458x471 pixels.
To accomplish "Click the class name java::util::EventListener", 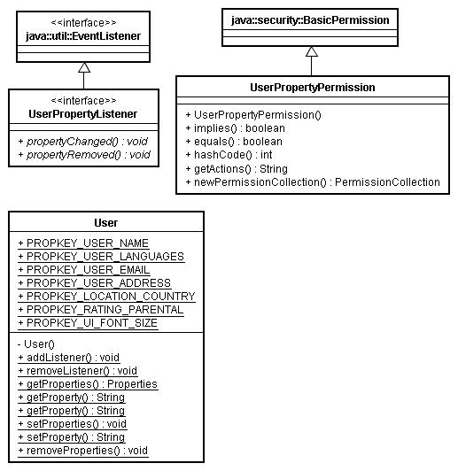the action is [83, 36].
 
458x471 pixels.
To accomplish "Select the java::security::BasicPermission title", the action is [310, 20].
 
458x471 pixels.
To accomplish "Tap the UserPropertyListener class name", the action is [83, 114].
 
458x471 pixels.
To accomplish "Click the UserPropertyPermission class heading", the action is [313, 88].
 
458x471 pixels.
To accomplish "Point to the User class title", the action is [105, 223].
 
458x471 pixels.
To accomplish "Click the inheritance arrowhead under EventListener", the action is [84, 67].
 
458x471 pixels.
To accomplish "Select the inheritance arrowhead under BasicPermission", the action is [312, 51].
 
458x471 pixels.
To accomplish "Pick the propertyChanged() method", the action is [83, 142].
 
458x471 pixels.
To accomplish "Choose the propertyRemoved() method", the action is [84, 155].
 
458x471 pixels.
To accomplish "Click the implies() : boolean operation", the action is [236, 128].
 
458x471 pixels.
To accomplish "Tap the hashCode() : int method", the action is [229, 155].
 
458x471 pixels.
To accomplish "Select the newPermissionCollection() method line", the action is [313, 182].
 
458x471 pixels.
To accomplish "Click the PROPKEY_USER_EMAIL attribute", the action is [84, 270].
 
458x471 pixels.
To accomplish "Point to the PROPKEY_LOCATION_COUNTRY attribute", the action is [106, 297].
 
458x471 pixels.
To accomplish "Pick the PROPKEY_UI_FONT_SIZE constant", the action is [88, 323].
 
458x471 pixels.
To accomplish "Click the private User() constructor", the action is [36, 344].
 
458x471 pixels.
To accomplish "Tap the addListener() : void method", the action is [69, 358].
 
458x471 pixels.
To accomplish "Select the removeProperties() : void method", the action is [83, 451].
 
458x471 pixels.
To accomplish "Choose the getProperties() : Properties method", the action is [88, 384].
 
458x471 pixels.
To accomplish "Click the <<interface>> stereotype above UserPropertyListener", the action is [83, 100].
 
